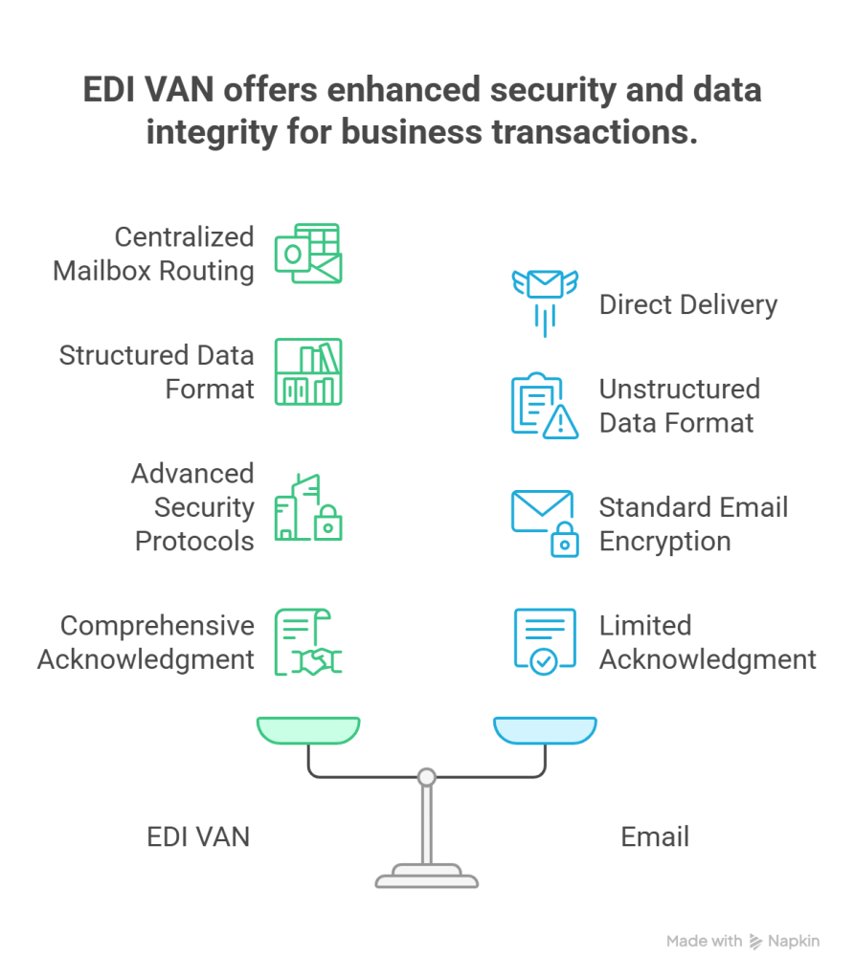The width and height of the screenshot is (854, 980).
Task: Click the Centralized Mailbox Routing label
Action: tap(153, 254)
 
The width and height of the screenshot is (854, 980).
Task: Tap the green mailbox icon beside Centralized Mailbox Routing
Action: tap(308, 255)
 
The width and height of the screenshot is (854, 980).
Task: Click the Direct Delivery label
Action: tap(687, 305)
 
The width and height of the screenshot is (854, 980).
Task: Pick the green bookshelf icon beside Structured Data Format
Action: tap(308, 371)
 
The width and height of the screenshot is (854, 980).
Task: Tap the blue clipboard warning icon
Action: tap(543, 406)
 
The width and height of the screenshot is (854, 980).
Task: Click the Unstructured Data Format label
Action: tap(679, 406)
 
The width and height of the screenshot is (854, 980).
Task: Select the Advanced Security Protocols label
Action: tap(192, 507)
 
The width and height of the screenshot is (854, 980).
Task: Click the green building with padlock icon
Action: tap(308, 508)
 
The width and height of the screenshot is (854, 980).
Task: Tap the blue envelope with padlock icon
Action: tap(543, 523)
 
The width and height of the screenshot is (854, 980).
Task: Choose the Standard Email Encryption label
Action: tap(693, 523)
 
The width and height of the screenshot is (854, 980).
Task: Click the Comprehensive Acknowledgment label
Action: tap(146, 642)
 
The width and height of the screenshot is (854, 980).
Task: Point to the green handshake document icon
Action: tap(308, 642)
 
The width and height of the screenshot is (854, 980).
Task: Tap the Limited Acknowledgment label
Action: tap(708, 642)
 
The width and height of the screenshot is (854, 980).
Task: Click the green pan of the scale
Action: tap(307, 730)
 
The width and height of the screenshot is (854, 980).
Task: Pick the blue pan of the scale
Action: tap(545, 730)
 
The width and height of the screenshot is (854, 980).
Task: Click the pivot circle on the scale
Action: tap(427, 776)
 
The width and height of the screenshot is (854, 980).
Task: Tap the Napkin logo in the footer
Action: tap(785, 942)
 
